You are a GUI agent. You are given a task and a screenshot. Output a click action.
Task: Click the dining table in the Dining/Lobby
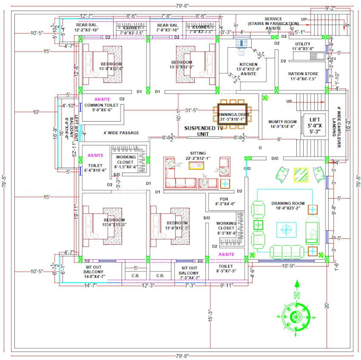coord(231,112)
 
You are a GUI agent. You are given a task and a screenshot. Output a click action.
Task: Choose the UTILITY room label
coord(303,46)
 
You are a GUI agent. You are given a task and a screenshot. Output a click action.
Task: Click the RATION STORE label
coord(303,76)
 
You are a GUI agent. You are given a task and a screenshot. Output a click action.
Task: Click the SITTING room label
coord(197,155)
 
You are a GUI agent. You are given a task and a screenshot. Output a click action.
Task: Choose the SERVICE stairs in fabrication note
coord(268,24)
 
